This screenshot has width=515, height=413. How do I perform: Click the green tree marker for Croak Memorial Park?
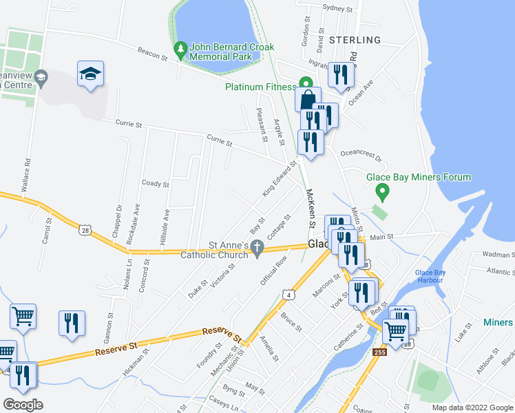coord(181,50)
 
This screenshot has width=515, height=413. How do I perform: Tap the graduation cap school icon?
coord(90,74)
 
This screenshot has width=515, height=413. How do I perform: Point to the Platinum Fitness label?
coord(260,87)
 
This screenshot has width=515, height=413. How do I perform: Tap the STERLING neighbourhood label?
coord(355,40)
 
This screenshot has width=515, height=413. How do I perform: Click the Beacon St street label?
coord(152,52)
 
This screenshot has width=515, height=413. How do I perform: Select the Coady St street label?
coord(155,184)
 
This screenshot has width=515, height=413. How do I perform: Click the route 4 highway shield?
coord(289,295)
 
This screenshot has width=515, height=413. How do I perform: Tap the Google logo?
coord(23,405)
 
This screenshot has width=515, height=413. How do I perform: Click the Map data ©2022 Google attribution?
coord(472,407)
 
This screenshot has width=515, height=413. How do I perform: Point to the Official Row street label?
coord(273,271)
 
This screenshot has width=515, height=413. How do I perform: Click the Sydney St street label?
coord(337,10)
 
